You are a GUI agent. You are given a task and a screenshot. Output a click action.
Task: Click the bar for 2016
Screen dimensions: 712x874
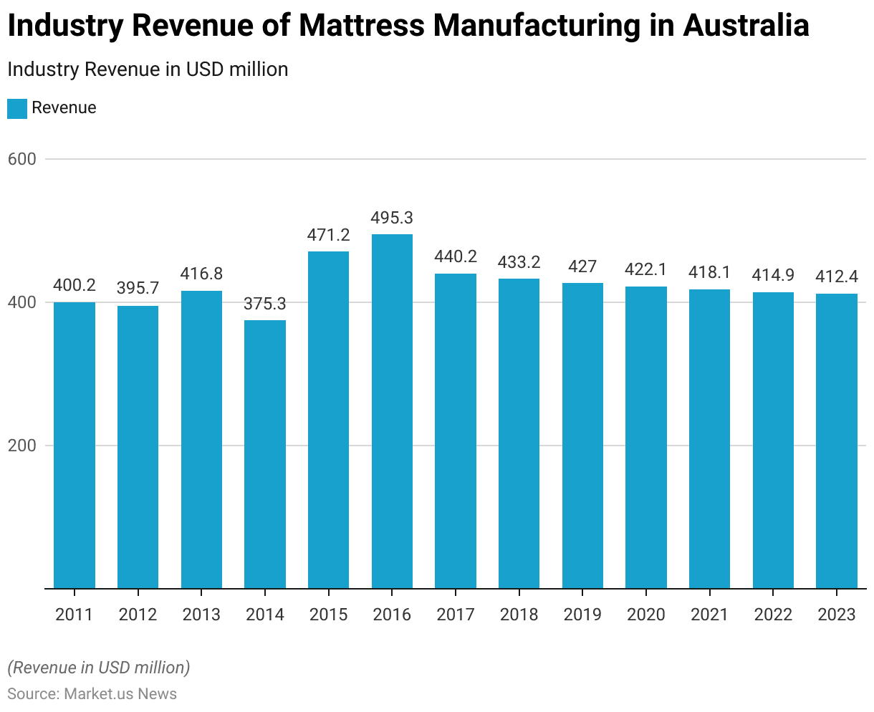coord(392,411)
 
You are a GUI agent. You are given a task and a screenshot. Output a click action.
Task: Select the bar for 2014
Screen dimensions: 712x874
coord(265,454)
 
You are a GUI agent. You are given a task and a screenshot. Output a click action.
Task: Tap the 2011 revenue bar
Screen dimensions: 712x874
coord(75,445)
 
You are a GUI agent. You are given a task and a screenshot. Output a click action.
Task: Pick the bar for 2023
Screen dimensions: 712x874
coord(837,441)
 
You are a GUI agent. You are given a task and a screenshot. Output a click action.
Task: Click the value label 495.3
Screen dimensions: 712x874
coord(392,218)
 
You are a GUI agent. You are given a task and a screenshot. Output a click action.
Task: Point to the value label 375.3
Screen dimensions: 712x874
coord(265,304)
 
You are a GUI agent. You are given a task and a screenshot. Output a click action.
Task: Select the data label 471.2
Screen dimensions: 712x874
coord(328,235)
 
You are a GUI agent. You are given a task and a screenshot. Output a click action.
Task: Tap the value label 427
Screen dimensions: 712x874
coord(582,266)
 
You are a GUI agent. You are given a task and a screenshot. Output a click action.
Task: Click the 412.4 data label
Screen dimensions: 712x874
coord(837,276)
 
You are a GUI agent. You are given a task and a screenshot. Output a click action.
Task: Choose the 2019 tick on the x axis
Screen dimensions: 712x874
coord(582,615)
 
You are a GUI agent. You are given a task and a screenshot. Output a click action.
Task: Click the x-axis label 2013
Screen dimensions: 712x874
coord(201,615)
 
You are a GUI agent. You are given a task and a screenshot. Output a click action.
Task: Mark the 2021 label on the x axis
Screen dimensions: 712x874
coord(709,615)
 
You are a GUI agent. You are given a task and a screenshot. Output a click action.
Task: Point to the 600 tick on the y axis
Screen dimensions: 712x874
coord(22,159)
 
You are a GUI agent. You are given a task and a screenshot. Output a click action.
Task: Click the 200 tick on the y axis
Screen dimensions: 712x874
coord(22,446)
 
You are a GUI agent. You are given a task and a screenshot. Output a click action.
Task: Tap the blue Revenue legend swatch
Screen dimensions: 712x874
coord(17,108)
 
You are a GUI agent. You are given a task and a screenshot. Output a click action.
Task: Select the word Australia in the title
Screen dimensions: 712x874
coord(746,27)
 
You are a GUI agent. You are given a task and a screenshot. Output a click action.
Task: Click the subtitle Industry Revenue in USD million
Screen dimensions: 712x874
coord(148,69)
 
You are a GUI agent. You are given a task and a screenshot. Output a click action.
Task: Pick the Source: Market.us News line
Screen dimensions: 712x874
coord(92,693)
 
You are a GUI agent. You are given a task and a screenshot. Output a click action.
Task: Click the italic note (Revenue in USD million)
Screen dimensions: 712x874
coord(99,668)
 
